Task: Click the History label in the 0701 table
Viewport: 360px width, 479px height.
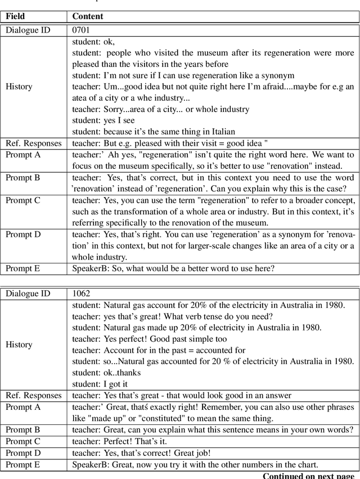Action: tap(19, 87)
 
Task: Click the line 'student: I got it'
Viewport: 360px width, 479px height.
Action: tap(96, 384)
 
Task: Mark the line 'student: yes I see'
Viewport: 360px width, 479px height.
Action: tap(103, 120)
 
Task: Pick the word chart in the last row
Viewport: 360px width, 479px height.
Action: tap(307, 464)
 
